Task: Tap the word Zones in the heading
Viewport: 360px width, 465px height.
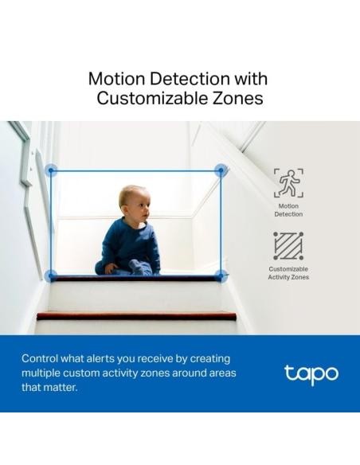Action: pyautogui.click(x=238, y=99)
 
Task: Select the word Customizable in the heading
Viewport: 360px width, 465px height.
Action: pyautogui.click(x=151, y=99)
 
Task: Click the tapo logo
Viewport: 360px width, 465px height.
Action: pyautogui.click(x=311, y=373)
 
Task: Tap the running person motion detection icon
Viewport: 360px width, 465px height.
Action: pyautogui.click(x=288, y=182)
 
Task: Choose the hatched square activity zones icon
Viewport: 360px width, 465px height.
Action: pyautogui.click(x=288, y=246)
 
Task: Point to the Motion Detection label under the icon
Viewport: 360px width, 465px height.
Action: pyautogui.click(x=288, y=209)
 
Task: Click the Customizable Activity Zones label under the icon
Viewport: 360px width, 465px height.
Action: pyautogui.click(x=288, y=273)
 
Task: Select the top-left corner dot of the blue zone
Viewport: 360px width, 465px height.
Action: pyautogui.click(x=51, y=170)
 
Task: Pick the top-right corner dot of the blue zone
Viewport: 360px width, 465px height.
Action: pyautogui.click(x=221, y=170)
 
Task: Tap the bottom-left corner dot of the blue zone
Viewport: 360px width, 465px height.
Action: pyautogui.click(x=51, y=275)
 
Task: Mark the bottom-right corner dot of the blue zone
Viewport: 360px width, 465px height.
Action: pyautogui.click(x=221, y=275)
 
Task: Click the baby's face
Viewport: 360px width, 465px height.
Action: pyautogui.click(x=136, y=205)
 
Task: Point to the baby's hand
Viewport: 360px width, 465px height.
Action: pyautogui.click(x=110, y=268)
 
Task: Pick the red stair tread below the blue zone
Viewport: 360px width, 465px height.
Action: pyautogui.click(x=135, y=316)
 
